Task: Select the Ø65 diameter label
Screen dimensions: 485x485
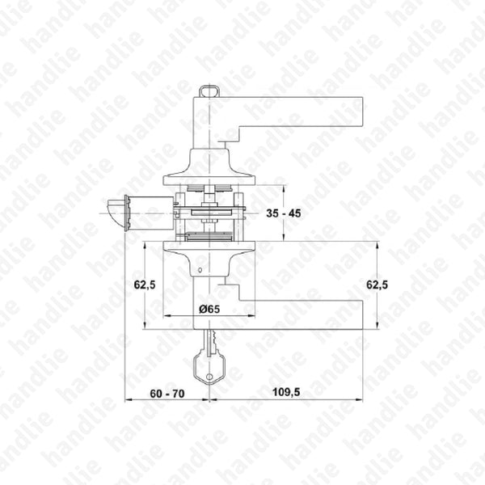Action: (x=209, y=309)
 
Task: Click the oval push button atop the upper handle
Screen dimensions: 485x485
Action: (x=209, y=91)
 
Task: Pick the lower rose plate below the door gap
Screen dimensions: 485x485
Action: (x=209, y=247)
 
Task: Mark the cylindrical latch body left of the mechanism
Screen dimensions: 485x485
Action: (x=154, y=213)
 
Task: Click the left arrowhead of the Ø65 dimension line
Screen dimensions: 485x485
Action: (x=167, y=315)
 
